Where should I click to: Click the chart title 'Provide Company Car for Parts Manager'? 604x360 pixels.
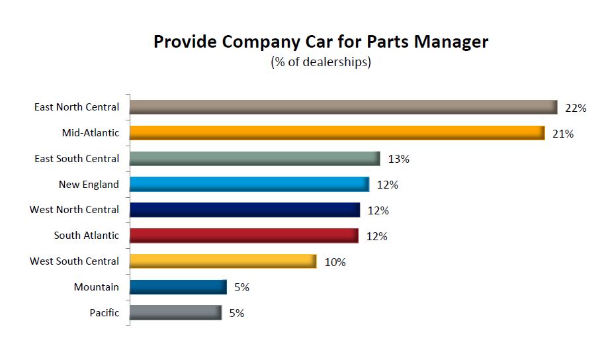[321, 42]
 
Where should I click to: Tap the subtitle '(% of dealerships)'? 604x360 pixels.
[321, 62]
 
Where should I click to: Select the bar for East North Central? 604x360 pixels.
[344, 107]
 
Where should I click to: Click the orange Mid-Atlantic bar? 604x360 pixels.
[337, 133]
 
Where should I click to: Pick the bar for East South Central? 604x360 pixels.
[255, 159]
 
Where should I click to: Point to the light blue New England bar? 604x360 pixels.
[249, 185]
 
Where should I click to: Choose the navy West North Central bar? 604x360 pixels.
[245, 210]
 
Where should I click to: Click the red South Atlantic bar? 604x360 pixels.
[244, 236]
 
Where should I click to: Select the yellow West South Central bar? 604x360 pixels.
[223, 261]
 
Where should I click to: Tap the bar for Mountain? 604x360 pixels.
[178, 287]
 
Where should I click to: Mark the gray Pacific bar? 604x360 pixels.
[175, 312]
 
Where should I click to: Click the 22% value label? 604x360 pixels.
[576, 108]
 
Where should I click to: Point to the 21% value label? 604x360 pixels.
[562, 134]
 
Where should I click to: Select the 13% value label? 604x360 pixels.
[399, 159]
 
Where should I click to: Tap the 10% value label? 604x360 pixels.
[335, 262]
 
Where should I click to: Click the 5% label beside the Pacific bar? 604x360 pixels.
[236, 313]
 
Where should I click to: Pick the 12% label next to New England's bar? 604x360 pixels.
[388, 185]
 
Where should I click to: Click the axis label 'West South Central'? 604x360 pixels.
[75, 261]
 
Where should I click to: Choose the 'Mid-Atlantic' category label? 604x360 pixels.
[91, 133]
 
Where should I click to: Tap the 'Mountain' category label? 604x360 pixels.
[97, 287]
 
